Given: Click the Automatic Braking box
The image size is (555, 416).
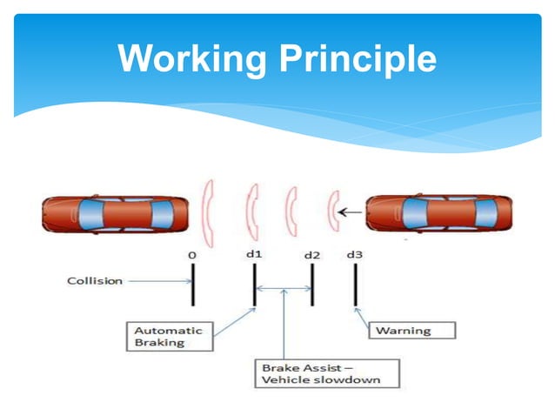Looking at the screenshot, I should (x=168, y=336).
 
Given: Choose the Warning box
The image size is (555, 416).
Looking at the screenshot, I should (x=401, y=330).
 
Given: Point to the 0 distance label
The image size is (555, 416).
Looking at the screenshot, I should (x=191, y=254).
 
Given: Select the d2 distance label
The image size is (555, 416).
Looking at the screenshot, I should (x=311, y=255).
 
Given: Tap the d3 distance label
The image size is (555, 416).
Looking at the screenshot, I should (x=354, y=254).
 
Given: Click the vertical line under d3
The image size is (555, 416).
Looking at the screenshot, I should (x=355, y=285).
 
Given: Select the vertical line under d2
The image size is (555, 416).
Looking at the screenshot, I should (x=311, y=285).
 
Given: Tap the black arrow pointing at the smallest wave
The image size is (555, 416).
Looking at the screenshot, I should (x=351, y=211).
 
